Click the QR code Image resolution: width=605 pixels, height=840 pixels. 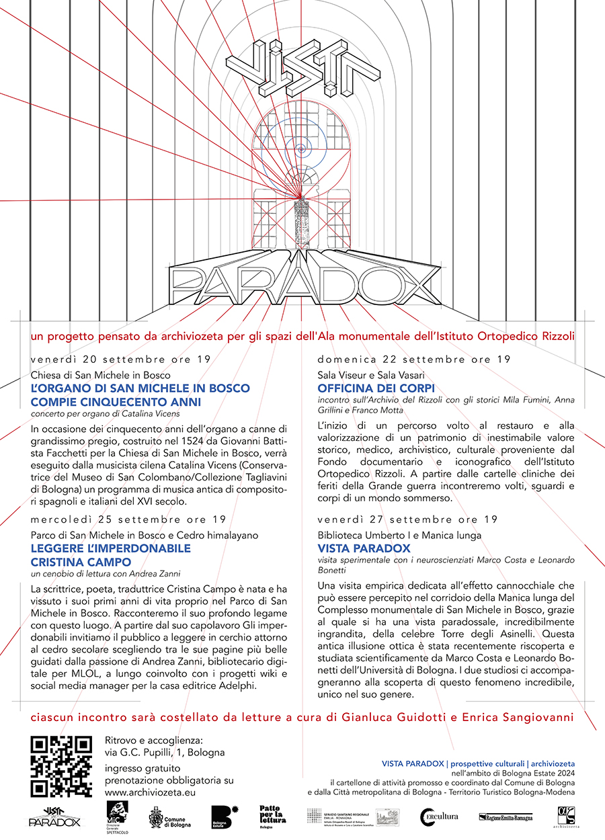pyautogui.click(x=61, y=767)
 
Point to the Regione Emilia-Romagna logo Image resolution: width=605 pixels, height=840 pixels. pyautogui.click(x=505, y=817)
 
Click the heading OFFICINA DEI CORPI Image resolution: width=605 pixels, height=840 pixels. pyautogui.click(x=376, y=388)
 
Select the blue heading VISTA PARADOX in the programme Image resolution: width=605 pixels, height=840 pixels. pyautogui.click(x=364, y=548)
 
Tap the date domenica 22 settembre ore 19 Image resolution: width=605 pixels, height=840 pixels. pyautogui.click(x=414, y=360)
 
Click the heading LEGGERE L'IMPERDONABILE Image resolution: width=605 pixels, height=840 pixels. pyautogui.click(x=110, y=548)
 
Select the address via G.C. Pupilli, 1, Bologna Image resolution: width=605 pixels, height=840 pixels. pyautogui.click(x=165, y=752)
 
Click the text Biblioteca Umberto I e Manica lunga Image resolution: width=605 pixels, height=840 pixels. pyautogui.click(x=399, y=536)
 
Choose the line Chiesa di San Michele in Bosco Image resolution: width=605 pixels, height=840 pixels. pyautogui.click(x=100, y=375)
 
